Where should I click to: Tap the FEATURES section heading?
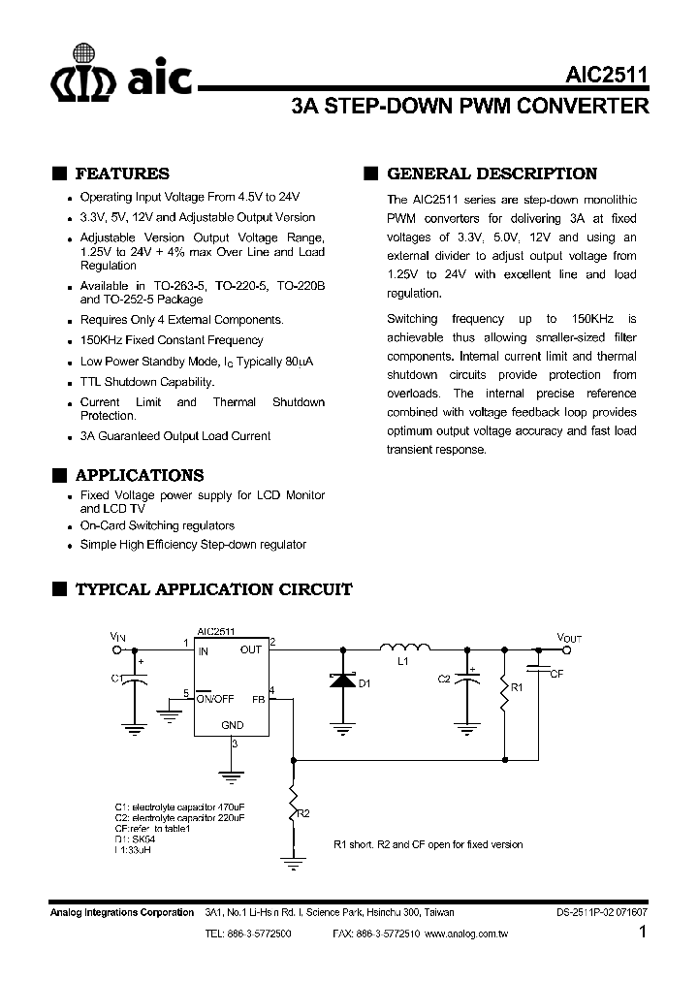click(121, 174)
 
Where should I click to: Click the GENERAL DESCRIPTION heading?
click(492, 174)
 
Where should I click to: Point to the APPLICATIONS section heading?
click(139, 476)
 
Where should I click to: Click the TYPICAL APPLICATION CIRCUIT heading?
click(213, 589)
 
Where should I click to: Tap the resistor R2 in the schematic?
click(291, 801)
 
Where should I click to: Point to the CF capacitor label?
click(555, 673)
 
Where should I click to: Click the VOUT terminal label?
click(569, 637)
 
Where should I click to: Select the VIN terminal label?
click(117, 637)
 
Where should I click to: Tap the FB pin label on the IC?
click(258, 698)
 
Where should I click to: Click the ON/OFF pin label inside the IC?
click(214, 698)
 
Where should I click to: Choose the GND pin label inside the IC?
click(233, 725)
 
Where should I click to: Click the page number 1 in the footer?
click(643, 934)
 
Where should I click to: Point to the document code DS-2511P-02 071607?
click(602, 912)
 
